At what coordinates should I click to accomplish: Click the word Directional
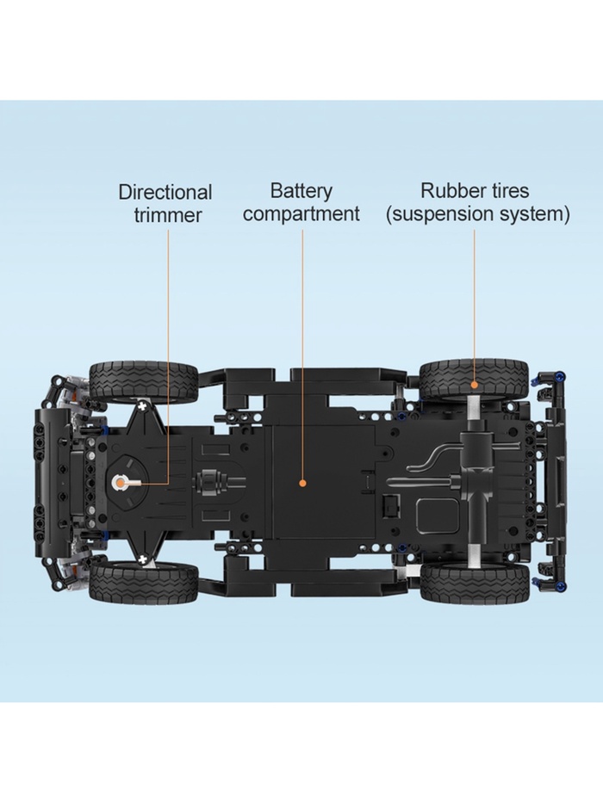pos(165,193)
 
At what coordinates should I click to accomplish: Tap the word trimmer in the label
pos(168,214)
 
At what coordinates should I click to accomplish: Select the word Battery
pos(301,191)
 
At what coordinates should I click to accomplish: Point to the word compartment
pos(301,213)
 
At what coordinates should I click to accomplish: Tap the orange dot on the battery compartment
pos(302,483)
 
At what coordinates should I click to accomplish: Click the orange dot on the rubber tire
pos(475,384)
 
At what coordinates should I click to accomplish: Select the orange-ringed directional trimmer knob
pos(120,482)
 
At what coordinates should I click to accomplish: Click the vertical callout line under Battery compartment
pos(302,354)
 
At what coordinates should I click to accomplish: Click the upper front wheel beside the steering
pos(144,382)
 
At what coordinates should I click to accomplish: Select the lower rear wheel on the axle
pos(475,583)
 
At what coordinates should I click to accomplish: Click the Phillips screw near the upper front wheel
pos(142,406)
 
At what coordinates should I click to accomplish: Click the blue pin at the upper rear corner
pos(562,378)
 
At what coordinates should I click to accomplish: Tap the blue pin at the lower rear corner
pos(562,585)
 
